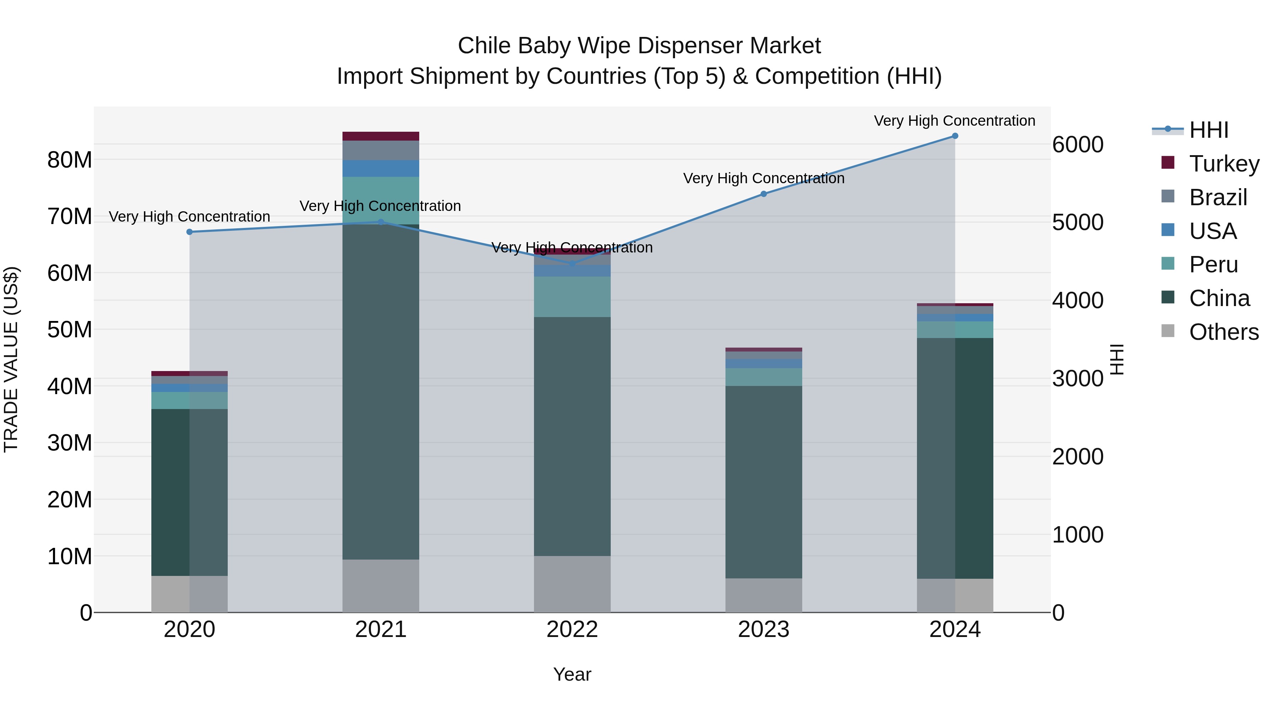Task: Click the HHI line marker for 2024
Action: coord(955,136)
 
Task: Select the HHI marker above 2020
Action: coord(189,232)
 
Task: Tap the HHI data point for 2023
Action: coord(763,194)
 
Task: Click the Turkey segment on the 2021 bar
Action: coord(381,136)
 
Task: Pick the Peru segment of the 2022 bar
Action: coord(572,297)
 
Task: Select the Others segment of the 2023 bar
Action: coord(763,595)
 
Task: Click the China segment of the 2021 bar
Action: coord(381,392)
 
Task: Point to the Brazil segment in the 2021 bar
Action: coord(381,150)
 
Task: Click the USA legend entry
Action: coord(1213,231)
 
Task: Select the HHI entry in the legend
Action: coord(1209,130)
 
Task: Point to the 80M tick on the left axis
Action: coord(70,160)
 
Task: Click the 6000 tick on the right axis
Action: coord(1078,145)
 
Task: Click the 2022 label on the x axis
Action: coord(572,630)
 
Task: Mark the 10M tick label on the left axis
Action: coord(70,557)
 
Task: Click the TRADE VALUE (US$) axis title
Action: coord(11,359)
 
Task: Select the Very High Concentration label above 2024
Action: coord(954,121)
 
